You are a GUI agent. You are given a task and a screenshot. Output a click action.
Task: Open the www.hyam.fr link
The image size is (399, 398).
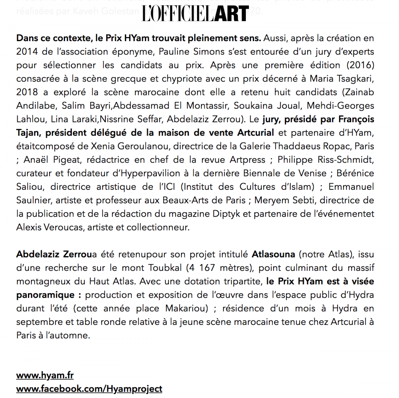pos(45,375)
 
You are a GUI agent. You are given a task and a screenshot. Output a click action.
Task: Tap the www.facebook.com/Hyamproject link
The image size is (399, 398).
pos(89,388)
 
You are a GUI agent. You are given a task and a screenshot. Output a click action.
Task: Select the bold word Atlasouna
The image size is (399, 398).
pos(273,254)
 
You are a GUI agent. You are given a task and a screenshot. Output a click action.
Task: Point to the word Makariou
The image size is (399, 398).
pos(205,308)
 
